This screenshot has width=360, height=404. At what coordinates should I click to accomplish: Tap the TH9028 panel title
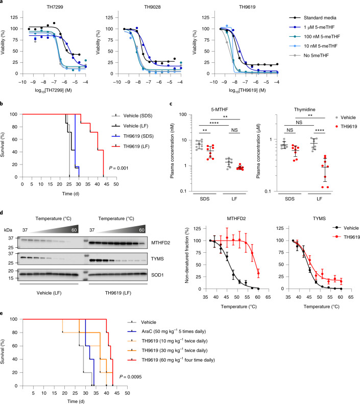click(x=152, y=7)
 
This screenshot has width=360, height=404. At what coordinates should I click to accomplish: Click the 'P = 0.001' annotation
click(x=118, y=168)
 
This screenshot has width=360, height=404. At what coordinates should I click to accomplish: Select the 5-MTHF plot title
click(x=220, y=109)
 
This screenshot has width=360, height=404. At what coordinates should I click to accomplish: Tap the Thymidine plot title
click(x=305, y=109)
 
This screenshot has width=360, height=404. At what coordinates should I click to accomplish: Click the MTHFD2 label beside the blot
click(x=160, y=243)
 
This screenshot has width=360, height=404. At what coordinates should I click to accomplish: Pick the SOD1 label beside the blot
click(x=157, y=275)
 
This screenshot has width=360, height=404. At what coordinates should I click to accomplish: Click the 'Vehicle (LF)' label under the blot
click(x=49, y=293)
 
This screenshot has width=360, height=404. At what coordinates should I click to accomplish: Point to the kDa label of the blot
click(x=8, y=230)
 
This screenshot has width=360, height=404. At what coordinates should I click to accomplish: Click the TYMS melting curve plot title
click(x=319, y=219)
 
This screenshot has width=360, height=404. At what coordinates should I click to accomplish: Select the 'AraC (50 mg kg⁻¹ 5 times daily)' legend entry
click(x=174, y=331)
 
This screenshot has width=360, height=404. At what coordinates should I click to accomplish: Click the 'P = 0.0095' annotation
click(x=131, y=377)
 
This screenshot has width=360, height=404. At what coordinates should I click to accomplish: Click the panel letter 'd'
click(x=2, y=212)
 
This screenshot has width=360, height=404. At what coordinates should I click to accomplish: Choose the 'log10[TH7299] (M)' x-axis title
click(x=53, y=90)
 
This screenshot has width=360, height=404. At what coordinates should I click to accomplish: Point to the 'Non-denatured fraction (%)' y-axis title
click(x=187, y=255)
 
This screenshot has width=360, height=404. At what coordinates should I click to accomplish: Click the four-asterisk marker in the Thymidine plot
click(x=320, y=130)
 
